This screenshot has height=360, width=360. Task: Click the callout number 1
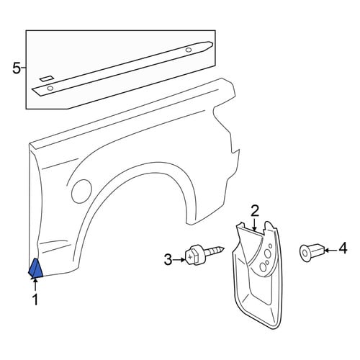35,300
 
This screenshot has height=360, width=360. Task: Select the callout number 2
255,211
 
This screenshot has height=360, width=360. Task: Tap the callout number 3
168,260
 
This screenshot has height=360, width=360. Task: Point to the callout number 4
343,248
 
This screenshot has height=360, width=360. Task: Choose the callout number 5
17,68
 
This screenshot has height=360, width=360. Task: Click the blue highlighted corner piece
35,269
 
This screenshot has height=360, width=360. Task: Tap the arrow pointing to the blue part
35,285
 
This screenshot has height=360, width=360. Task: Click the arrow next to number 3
179,260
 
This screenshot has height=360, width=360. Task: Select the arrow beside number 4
331,251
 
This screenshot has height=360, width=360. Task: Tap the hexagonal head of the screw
192,258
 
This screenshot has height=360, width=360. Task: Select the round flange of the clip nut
305,253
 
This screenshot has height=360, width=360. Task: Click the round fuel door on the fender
81,192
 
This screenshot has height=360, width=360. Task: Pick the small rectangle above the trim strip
47,78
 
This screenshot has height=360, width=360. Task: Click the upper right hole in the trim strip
189,50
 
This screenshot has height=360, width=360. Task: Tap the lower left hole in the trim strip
50,88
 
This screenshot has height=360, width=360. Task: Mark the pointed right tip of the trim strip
212,43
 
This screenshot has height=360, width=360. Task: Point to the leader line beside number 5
24,68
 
